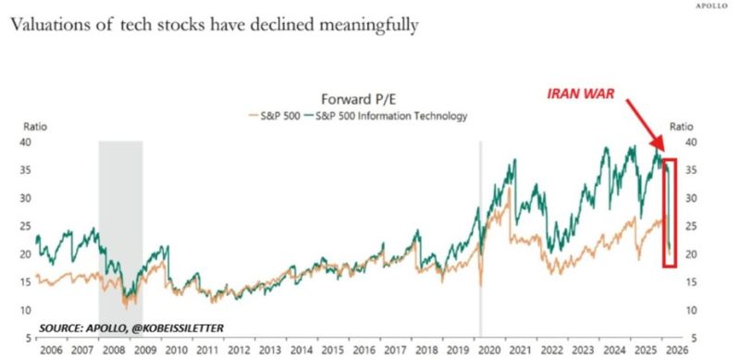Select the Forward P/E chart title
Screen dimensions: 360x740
[x=355, y=100]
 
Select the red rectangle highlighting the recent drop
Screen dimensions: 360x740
[x=671, y=213]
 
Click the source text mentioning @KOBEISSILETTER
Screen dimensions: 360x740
[x=130, y=328]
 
